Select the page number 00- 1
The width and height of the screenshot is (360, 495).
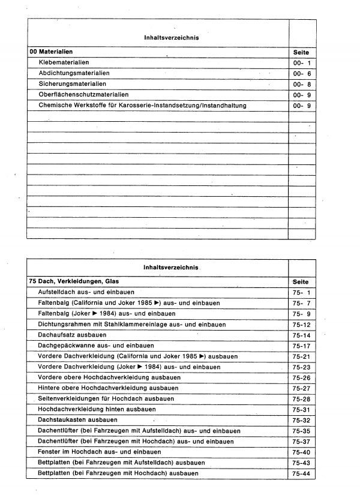click(301, 62)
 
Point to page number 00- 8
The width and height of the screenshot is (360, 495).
click(301, 84)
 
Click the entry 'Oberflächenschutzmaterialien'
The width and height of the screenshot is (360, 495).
click(83, 95)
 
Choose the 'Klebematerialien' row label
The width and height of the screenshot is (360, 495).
click(64, 62)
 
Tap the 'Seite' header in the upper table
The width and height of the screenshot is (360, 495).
click(301, 52)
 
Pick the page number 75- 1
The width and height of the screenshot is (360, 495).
click(301, 292)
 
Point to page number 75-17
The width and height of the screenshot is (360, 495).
click(301, 346)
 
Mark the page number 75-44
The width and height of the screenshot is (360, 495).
click(301, 474)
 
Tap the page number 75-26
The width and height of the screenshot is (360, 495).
click(301, 377)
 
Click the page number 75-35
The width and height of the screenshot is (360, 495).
click(301, 431)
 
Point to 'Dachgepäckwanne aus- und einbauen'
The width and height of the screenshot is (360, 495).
click(96, 346)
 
